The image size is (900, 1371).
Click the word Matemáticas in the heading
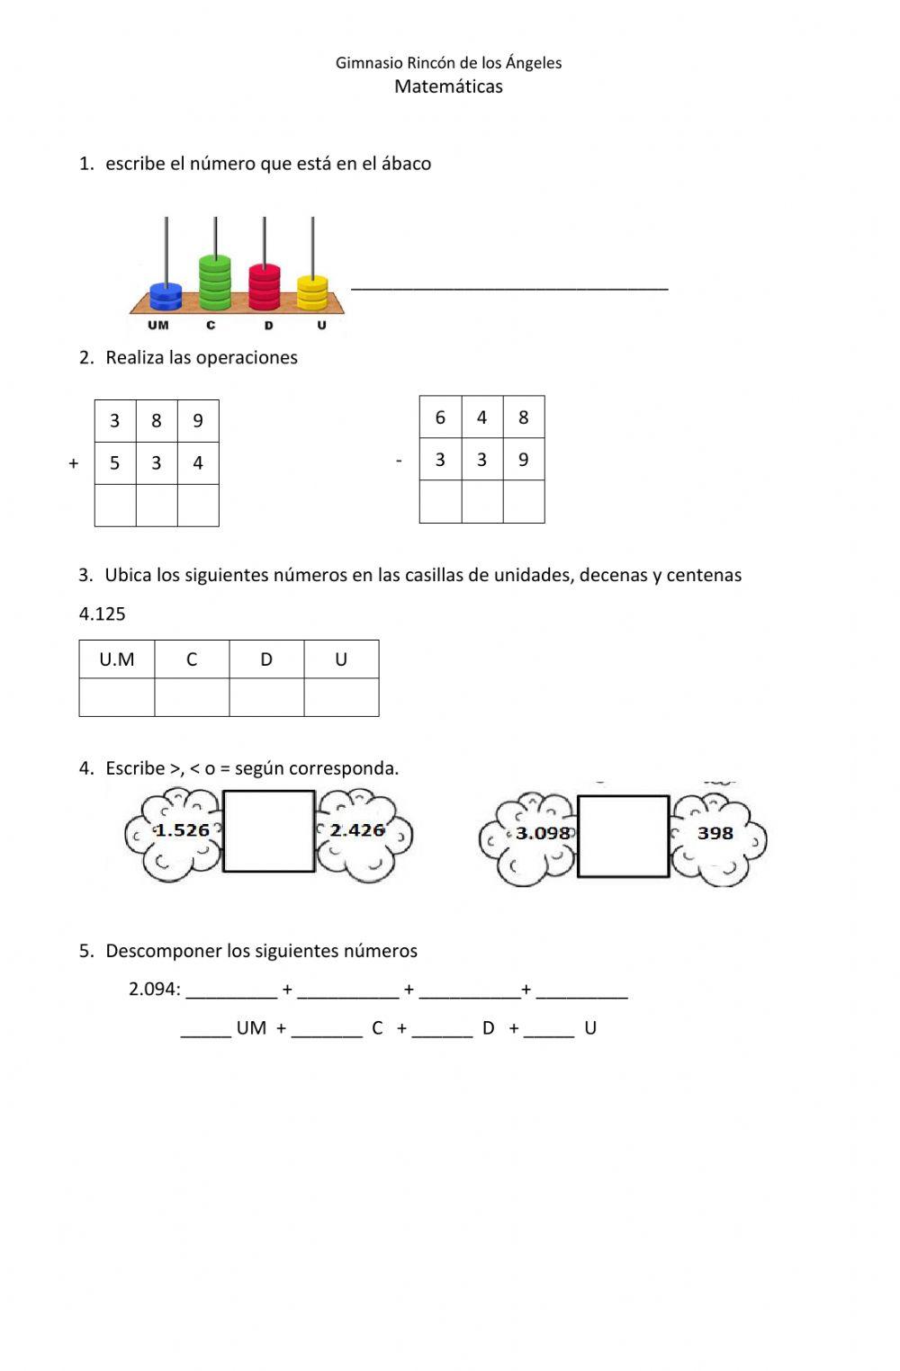pos(448,87)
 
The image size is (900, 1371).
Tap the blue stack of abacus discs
pos(166,297)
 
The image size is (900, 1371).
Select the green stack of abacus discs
pos(215,282)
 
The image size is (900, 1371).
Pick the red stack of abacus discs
pos(265,286)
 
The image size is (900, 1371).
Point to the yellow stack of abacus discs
pos(312,292)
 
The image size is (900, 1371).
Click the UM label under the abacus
pos(158,326)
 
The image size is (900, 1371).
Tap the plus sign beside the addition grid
pos(74,463)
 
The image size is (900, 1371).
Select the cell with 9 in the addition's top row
pos(198,421)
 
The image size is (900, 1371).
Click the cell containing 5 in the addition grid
pos(115,463)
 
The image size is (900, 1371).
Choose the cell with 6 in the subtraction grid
pos(440,417)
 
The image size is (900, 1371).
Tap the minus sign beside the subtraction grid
pos(399,461)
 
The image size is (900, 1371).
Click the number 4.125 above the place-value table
pos(103,614)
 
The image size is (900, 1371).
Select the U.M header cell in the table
pos(117,659)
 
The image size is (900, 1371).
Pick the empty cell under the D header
pos(266,697)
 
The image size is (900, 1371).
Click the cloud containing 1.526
pos(176,833)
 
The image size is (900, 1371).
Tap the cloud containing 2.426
pos(363,833)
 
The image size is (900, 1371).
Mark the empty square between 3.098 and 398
pos(623,836)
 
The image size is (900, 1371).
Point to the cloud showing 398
pos(717,837)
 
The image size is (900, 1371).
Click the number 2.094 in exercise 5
pos(153,990)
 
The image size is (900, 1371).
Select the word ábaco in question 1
pos(406,164)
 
